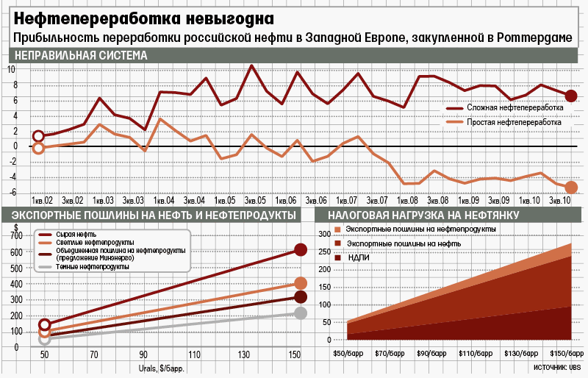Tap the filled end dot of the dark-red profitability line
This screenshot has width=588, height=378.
[x=571, y=96]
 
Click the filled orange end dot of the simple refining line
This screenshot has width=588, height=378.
[x=571, y=188]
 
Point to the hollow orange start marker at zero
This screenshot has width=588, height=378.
[x=38, y=148]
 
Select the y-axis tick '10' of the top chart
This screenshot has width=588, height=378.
[x=11, y=69]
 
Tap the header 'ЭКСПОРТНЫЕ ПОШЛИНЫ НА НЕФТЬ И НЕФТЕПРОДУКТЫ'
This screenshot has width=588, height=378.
[x=150, y=215]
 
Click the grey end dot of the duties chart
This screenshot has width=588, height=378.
[x=300, y=313]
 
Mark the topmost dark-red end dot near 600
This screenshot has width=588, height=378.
[x=300, y=250]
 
